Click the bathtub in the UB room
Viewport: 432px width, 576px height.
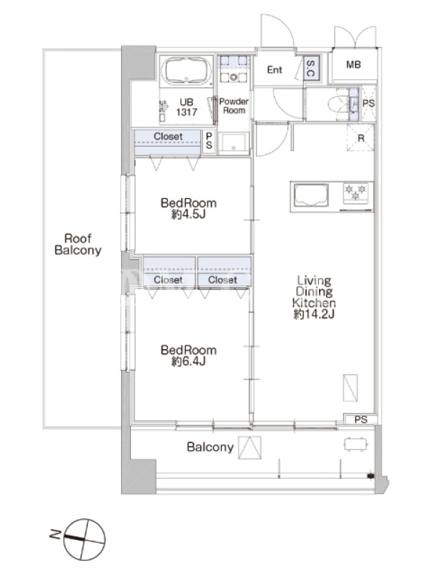tap(186, 71)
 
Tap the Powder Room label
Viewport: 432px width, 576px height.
tap(233, 106)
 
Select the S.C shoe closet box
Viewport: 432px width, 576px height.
tap(312, 68)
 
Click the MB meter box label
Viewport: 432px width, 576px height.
tap(354, 65)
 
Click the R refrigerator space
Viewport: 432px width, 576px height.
tap(361, 138)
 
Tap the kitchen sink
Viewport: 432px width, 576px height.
tap(311, 195)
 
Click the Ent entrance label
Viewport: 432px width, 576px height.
tap(274, 69)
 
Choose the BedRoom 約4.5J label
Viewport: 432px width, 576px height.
tap(189, 208)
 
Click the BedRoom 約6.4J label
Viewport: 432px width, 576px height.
tap(189, 355)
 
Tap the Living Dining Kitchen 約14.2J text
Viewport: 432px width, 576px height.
tap(314, 297)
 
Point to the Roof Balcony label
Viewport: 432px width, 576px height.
tap(78, 244)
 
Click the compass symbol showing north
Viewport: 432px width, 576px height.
tap(84, 539)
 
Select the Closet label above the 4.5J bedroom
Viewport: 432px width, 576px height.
tap(168, 136)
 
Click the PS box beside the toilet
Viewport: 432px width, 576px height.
tap(368, 104)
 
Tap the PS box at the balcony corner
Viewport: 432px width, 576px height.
tap(361, 419)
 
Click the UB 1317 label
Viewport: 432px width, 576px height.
tap(186, 107)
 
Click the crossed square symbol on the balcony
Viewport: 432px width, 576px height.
tap(250, 448)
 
